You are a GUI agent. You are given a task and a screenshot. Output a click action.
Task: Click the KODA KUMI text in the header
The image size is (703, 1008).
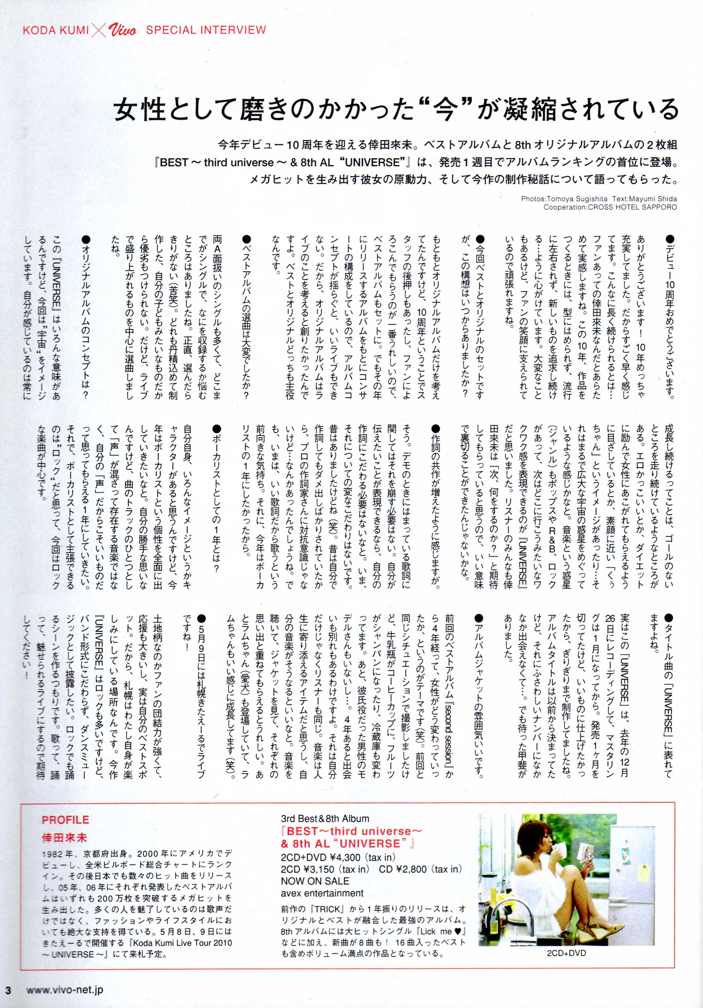[55, 30]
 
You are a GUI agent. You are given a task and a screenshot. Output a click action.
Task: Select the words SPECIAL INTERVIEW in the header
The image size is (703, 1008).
[206, 30]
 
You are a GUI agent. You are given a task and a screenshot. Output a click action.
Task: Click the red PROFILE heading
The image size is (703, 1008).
[65, 820]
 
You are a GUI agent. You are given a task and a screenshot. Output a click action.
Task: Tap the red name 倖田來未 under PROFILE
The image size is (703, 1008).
[64, 837]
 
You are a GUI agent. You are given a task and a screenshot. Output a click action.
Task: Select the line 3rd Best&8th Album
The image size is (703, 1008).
[325, 818]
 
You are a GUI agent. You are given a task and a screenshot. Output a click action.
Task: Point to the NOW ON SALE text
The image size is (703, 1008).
[315, 881]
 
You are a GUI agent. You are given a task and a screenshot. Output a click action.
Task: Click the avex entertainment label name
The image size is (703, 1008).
[322, 893]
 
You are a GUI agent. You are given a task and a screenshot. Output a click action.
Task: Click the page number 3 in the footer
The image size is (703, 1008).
[8, 990]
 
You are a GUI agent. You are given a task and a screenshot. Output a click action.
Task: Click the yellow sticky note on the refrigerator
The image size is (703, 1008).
[643, 862]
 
